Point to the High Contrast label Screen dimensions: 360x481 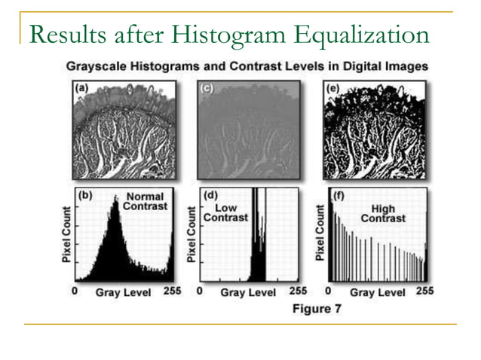pos(382,212)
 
